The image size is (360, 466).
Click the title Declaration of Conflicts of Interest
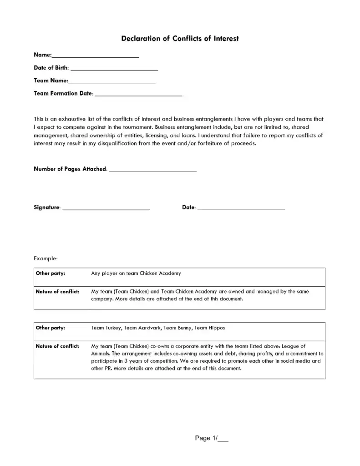pyautogui.click(x=180, y=39)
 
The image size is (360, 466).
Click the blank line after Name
pyautogui.click(x=96, y=56)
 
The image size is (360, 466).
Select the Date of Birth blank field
pyautogui.click(x=114, y=69)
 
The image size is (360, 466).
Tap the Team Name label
pyautogui.click(x=51, y=81)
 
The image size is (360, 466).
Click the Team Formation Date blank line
pyautogui.click(x=138, y=95)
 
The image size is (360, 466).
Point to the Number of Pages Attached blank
pyautogui.click(x=153, y=170)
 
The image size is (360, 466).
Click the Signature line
pyautogui.click(x=106, y=208)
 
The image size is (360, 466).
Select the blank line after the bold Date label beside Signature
pyautogui.click(x=241, y=208)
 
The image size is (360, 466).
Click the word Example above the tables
pyautogui.click(x=46, y=258)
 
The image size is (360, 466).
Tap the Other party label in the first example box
pyautogui.click(x=50, y=274)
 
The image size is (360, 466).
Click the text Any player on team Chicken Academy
pyautogui.click(x=136, y=274)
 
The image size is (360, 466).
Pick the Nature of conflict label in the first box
pyautogui.click(x=57, y=292)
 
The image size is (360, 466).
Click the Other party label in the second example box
pyautogui.click(x=50, y=328)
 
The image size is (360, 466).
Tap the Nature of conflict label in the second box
pyautogui.click(x=57, y=346)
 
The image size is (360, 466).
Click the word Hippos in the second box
pyautogui.click(x=216, y=328)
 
